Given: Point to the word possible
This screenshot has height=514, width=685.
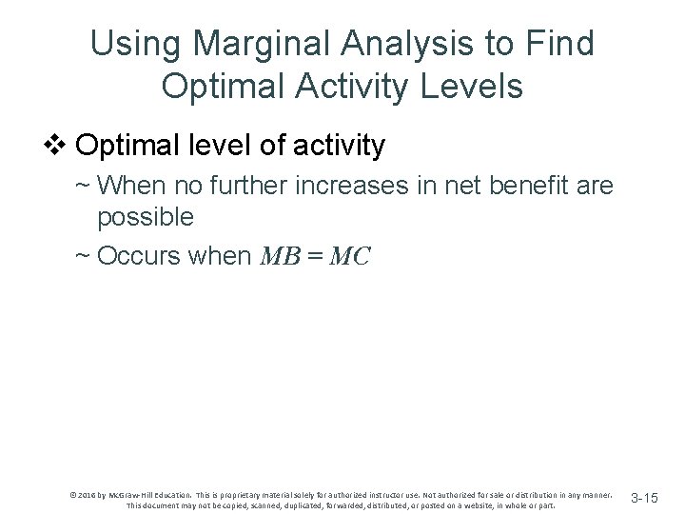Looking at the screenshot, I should (x=146, y=217).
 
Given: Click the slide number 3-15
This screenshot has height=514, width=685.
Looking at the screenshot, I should (x=644, y=498).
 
